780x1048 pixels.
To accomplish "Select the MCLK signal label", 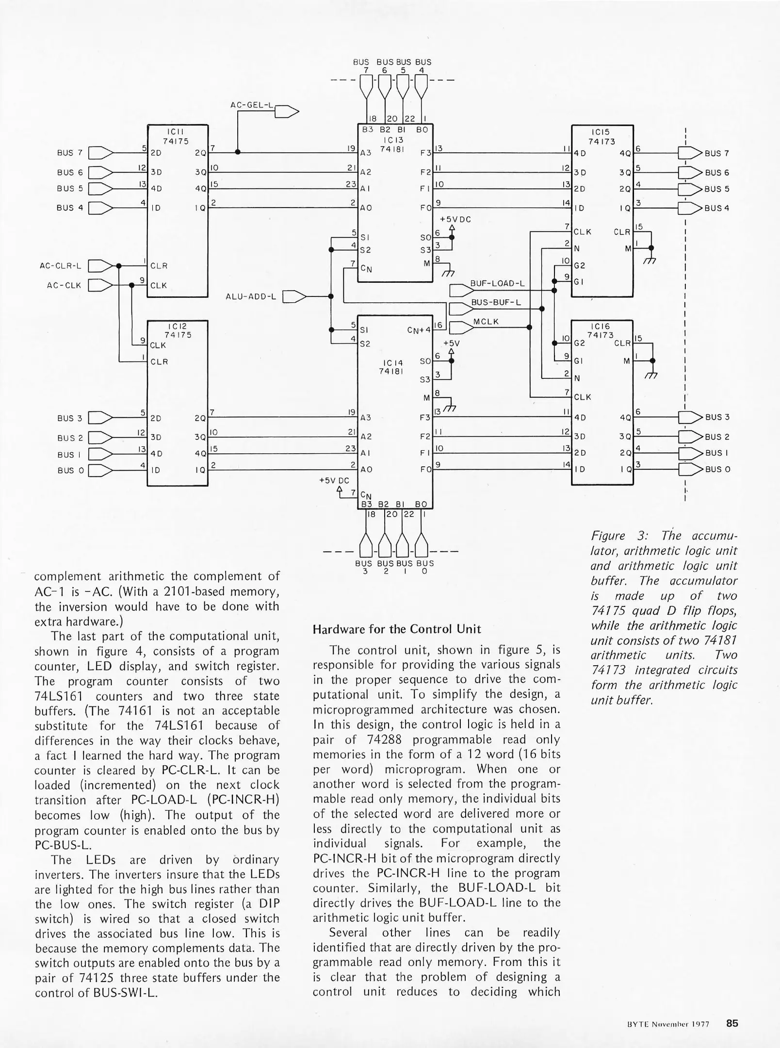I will click(486, 321).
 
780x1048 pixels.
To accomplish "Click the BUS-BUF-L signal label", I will click(496, 302).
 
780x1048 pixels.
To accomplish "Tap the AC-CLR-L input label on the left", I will click(60, 266).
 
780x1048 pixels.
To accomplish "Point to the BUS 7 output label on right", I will click(716, 153).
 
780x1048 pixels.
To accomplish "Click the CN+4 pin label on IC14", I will click(419, 330).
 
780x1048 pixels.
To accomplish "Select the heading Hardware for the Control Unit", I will click(396, 629).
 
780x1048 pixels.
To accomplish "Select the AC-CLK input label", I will click(64, 285).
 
